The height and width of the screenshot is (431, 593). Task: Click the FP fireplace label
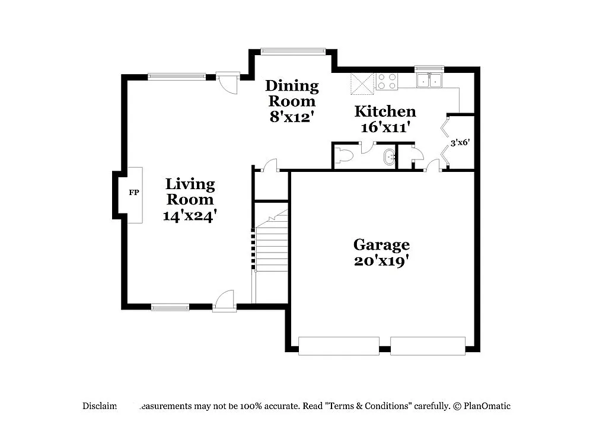click(x=133, y=193)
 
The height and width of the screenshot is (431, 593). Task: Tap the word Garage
click(x=381, y=244)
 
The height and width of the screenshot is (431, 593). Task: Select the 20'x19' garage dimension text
click(x=381, y=261)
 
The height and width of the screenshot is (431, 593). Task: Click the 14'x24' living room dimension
click(x=190, y=216)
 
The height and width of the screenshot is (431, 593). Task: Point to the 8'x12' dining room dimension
click(x=291, y=117)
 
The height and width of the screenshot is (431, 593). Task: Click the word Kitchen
click(x=385, y=111)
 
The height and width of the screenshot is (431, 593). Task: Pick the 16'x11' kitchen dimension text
click(x=385, y=127)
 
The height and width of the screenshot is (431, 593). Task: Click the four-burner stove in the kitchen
click(x=387, y=81)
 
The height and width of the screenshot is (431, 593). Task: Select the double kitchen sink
click(x=430, y=81)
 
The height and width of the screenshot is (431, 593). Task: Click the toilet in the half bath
click(x=343, y=156)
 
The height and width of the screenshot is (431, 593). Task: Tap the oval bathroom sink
click(x=388, y=158)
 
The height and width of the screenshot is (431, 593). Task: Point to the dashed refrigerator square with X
click(x=362, y=83)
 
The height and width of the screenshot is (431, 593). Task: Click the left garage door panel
click(x=339, y=346)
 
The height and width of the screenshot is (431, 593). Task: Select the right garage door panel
click(x=428, y=346)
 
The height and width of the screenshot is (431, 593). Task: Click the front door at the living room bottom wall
click(x=224, y=302)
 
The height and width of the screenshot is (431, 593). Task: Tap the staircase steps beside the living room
click(x=272, y=249)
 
